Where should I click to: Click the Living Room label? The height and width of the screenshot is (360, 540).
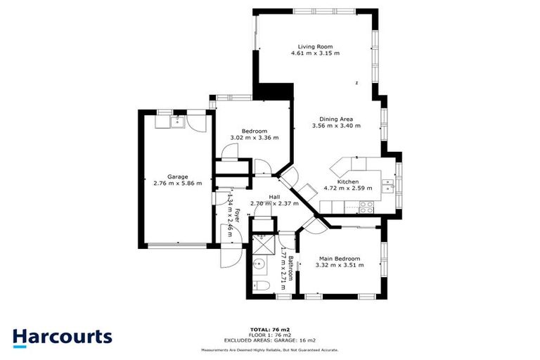316,46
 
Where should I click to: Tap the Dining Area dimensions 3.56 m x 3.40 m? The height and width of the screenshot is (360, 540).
336,126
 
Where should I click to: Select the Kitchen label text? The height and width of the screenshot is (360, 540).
348,181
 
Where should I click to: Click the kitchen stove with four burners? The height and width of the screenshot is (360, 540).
366,207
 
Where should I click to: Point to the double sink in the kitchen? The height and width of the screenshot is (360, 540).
387,186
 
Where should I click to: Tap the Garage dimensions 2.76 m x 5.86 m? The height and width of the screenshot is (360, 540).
177,184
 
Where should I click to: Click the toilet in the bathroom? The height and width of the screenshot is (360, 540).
259,285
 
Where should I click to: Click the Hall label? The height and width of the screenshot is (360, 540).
276,197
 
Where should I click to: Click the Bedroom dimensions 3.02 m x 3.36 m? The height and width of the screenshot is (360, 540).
255,138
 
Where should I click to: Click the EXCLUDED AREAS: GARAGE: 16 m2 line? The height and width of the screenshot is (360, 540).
270,340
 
